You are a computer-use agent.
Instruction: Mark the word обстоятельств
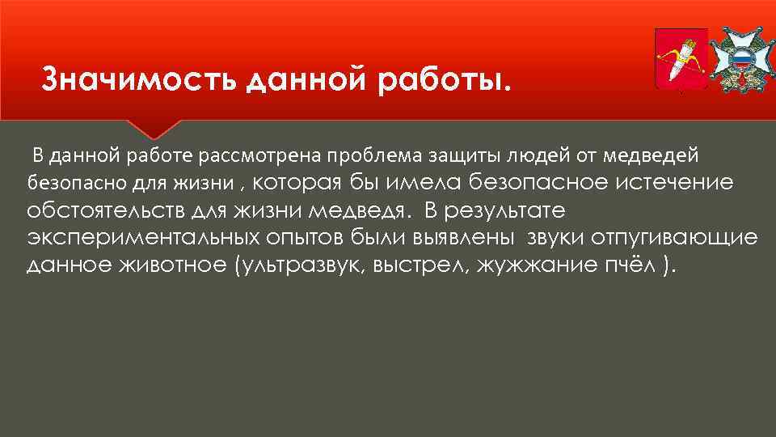tap(108, 211)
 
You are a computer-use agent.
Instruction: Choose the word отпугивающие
tap(677, 239)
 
